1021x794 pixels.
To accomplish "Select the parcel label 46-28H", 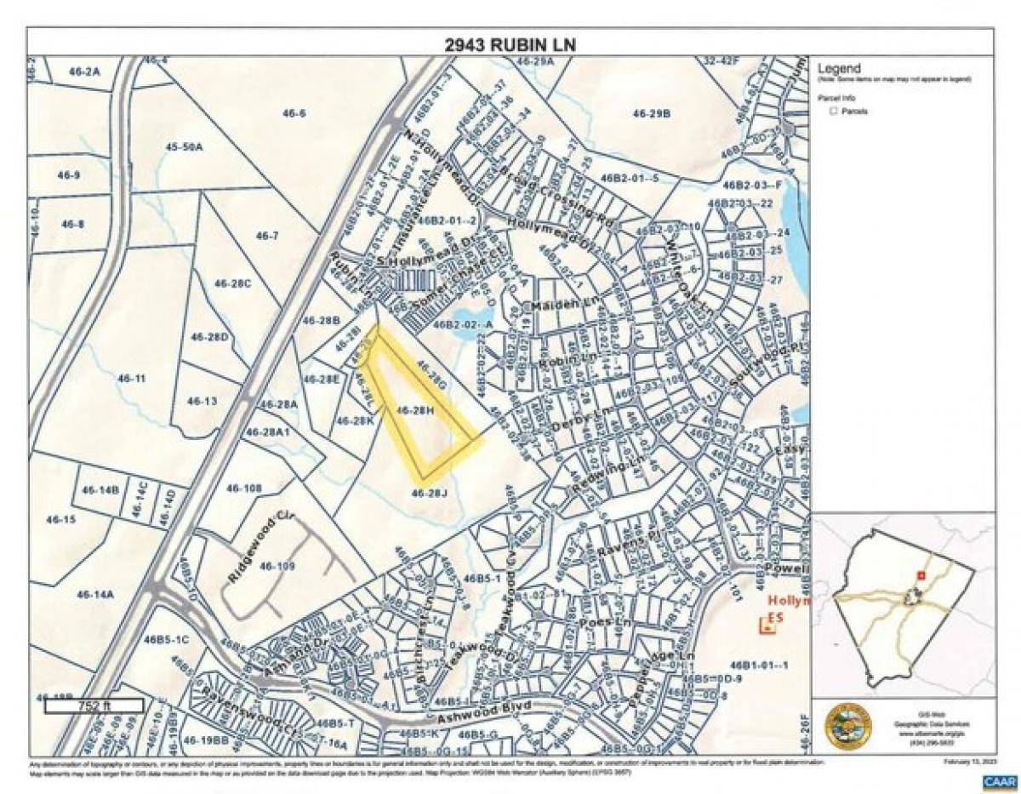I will coord(415,410).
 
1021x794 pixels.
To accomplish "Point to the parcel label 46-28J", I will coord(429,493).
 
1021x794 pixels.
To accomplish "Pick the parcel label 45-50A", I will coord(185,146).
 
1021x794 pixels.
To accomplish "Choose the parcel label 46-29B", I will coord(652,112).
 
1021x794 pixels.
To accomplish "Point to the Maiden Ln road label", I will coord(555,304).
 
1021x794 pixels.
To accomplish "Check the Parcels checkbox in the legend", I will coord(832,111).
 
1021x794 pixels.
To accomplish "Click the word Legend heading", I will coord(839,69).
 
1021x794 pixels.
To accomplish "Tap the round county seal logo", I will coord(847,725).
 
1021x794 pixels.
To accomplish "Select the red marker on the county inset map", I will coord(920,575).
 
